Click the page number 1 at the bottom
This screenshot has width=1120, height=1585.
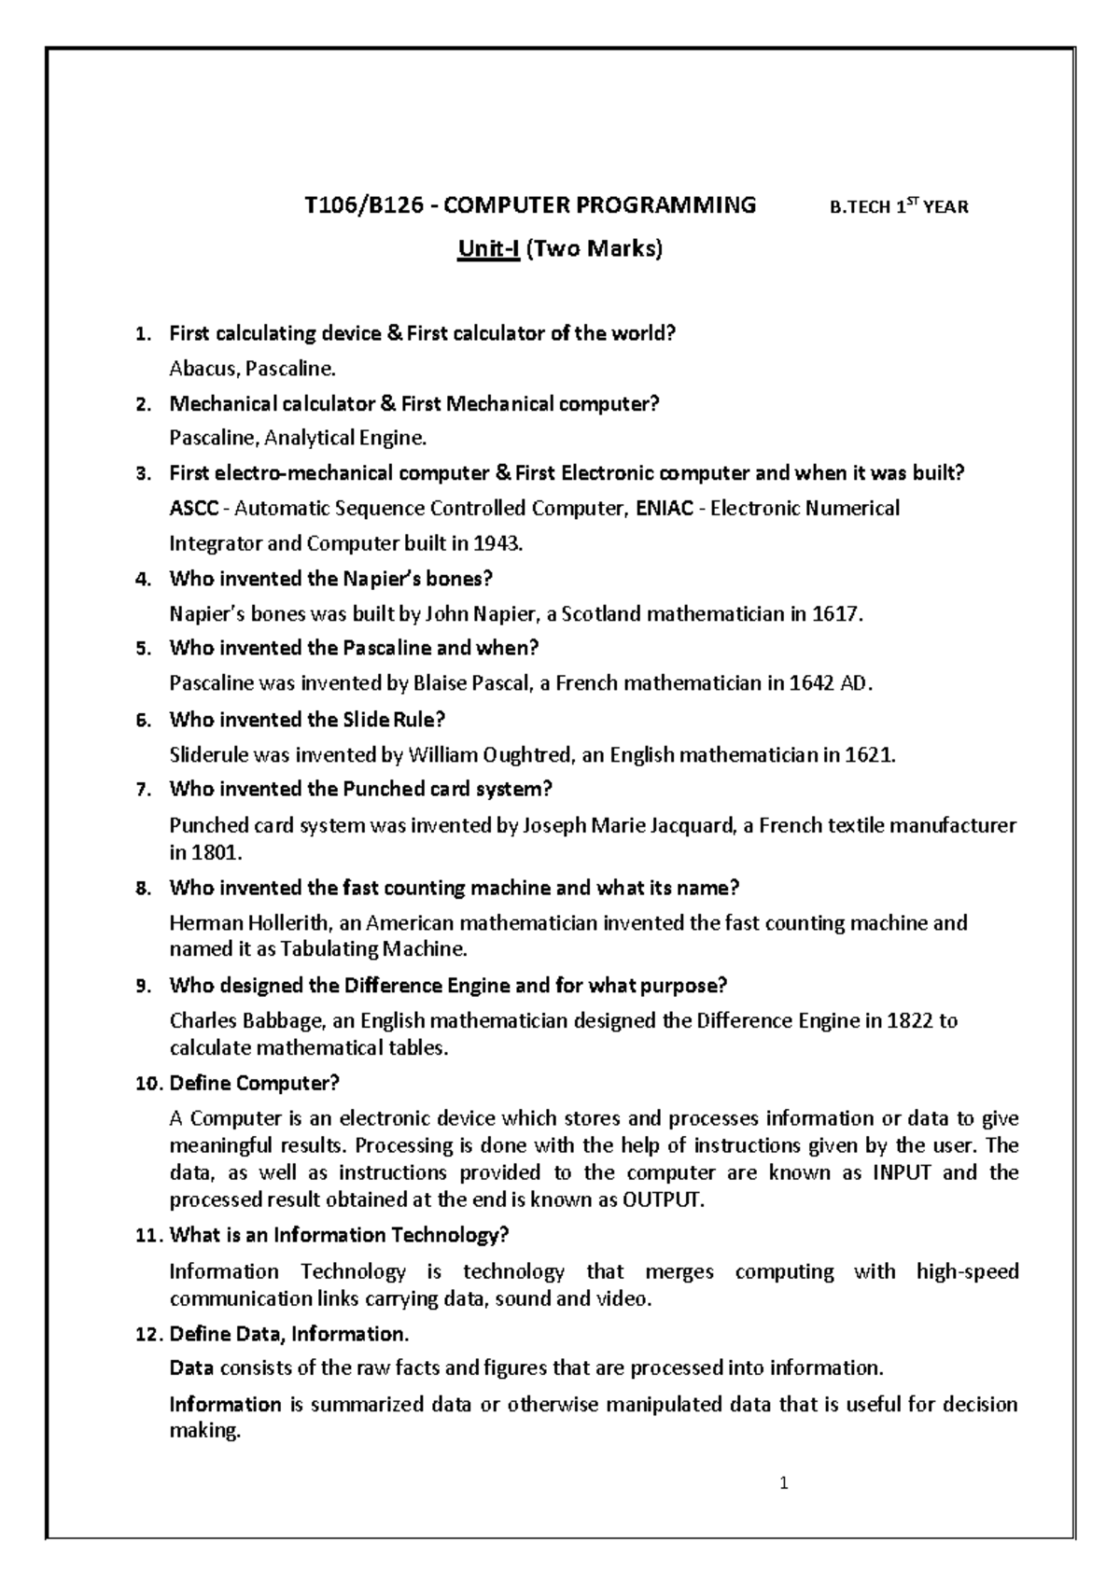tap(785, 1482)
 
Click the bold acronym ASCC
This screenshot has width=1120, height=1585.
tap(194, 509)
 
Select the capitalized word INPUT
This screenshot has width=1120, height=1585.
tap(901, 1172)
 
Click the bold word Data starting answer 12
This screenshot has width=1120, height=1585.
tap(191, 1368)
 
